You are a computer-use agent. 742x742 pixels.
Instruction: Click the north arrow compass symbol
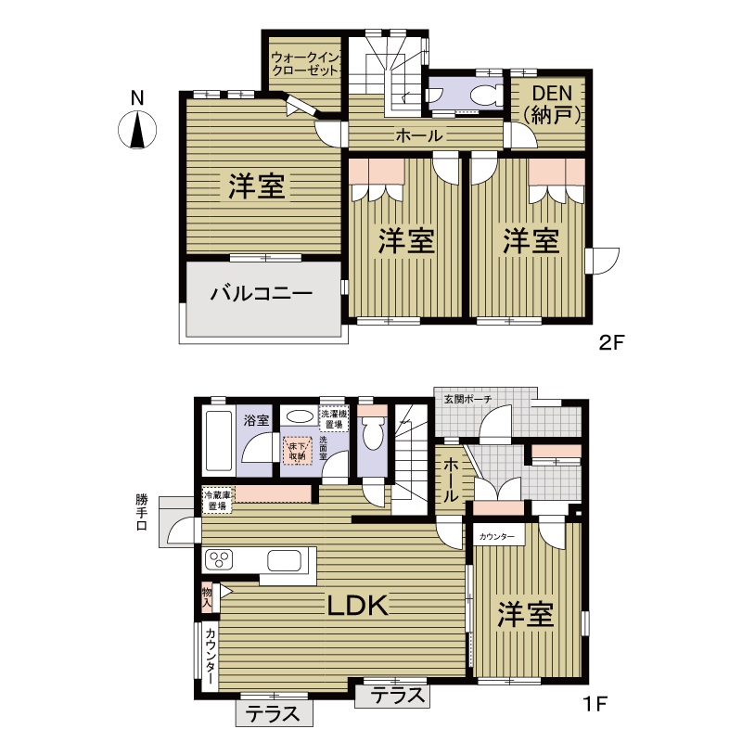coord(137,130)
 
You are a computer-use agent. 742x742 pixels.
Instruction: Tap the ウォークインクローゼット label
coord(305,64)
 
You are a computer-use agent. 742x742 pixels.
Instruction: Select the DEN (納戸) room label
coord(552,105)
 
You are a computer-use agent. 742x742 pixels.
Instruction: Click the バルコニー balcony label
coord(262,293)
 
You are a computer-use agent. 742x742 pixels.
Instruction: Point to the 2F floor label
coord(612,342)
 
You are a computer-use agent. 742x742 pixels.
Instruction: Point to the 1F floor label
coord(595,704)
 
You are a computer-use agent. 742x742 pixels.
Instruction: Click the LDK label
coord(358,606)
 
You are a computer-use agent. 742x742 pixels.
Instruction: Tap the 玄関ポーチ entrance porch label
coord(467,399)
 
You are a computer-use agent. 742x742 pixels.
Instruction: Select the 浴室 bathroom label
coord(256,420)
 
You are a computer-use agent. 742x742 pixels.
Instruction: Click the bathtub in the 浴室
coord(218,441)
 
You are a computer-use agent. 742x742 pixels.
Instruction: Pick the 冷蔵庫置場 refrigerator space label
coord(218,501)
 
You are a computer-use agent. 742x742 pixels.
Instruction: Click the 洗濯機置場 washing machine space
coord(334,419)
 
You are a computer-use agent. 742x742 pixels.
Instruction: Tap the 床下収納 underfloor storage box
coord(297,450)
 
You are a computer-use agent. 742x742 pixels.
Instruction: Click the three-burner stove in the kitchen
coord(219,560)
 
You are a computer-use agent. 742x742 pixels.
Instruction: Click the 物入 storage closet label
coord(207,597)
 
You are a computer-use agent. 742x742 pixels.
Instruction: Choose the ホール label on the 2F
coord(419,135)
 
